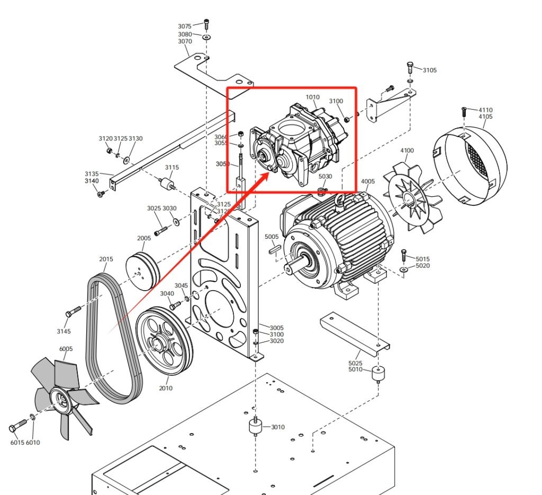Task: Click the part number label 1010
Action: (x=313, y=97)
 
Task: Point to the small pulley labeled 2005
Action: (x=143, y=269)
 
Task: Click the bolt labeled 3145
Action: (x=73, y=310)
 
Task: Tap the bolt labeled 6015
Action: (x=19, y=425)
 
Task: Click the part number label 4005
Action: (x=368, y=182)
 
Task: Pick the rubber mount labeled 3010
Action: (x=255, y=427)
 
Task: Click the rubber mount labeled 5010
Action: (x=378, y=374)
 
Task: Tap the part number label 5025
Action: (x=355, y=363)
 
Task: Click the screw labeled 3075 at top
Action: (x=206, y=24)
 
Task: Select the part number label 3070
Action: (x=185, y=41)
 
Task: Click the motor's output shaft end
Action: (x=289, y=271)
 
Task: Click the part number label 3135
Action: (x=92, y=174)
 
